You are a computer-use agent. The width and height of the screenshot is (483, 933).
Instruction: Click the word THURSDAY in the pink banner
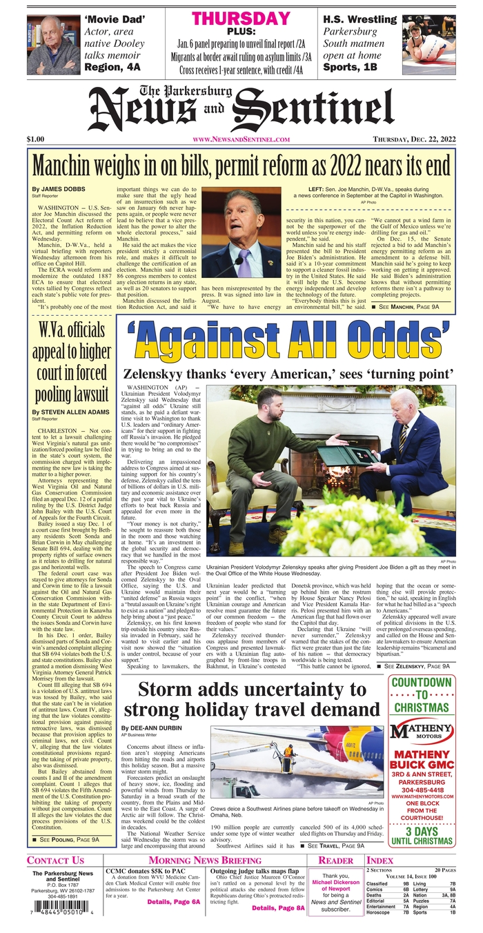tap(241, 19)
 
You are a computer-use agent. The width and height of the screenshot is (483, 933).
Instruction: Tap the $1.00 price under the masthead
tap(37, 139)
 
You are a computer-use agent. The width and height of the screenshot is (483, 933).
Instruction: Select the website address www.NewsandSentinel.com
tap(241, 139)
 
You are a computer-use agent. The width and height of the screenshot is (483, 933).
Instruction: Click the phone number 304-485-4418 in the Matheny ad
tap(422, 785)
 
